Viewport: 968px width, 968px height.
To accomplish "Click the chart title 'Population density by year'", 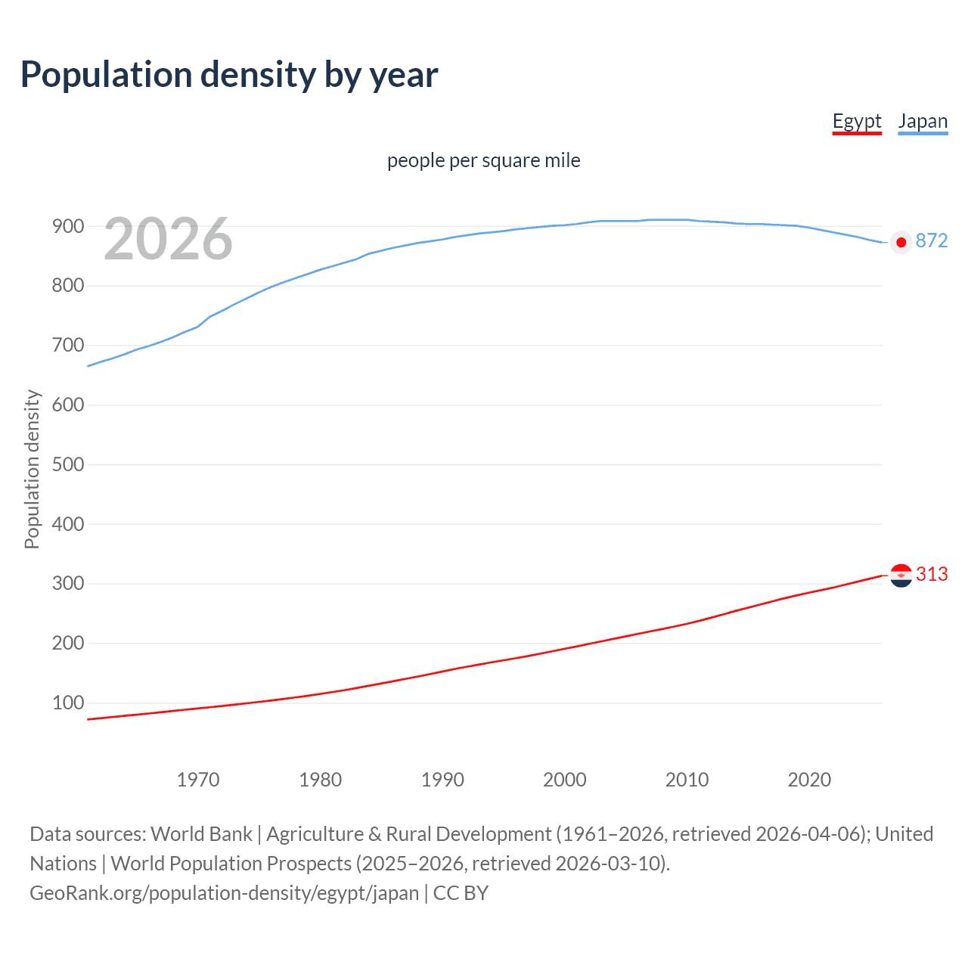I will pos(229,75).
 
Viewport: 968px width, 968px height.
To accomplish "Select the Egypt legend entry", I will pos(857,121).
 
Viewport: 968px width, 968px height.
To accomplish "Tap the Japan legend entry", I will pos(923,121).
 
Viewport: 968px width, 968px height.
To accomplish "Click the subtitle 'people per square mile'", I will pos(483,160).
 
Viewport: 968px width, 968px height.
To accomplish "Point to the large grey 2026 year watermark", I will pos(168,240).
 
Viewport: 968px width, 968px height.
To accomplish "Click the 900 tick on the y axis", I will pos(67,226).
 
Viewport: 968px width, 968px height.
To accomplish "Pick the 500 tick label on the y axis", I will pos(67,464).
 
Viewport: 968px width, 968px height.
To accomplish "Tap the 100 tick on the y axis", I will pos(67,703).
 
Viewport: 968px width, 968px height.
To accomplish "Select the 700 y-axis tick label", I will pos(67,345).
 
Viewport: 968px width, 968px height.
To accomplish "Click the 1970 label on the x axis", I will pos(198,780).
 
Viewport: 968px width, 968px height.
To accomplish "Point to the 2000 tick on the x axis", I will pos(565,780).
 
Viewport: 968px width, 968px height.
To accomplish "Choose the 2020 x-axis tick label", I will pos(809,780).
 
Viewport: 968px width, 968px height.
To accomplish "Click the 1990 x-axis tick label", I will pos(442,780).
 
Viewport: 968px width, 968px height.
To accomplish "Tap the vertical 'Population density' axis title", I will pos(32,469).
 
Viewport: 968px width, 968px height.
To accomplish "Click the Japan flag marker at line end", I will pos(901,242).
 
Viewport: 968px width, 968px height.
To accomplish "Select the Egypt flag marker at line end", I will pos(901,576).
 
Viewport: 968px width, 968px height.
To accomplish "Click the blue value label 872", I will pos(931,240).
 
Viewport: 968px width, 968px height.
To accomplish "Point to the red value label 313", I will pos(932,574).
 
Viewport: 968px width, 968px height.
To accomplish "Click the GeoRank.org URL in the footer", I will pos(224,893).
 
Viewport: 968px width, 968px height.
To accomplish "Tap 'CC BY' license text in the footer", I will pos(461,893).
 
